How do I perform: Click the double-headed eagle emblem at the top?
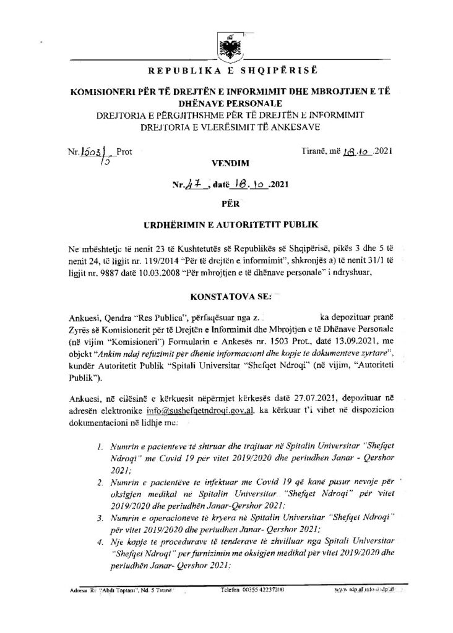226,45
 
